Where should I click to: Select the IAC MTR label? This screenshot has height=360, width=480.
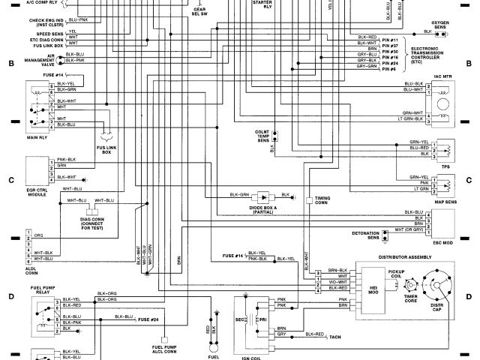click(x=442, y=76)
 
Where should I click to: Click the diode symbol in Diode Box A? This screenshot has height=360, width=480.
click(x=263, y=196)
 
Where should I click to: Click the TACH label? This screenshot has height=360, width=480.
click(x=336, y=338)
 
